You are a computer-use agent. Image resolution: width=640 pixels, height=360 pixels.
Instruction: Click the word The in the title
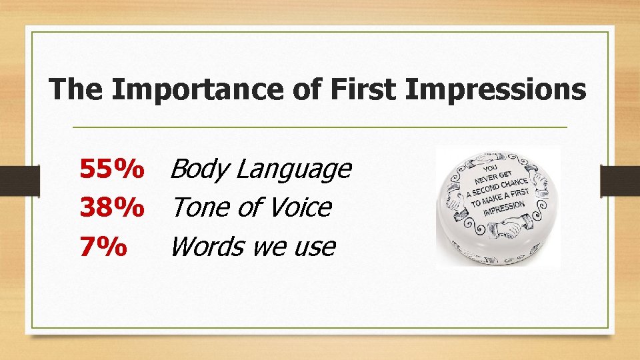[x=77, y=89]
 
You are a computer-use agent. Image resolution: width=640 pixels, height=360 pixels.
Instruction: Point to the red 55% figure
[x=111, y=169]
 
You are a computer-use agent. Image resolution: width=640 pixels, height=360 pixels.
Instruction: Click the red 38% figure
[x=111, y=208]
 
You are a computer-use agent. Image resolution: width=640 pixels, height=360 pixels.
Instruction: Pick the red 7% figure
[x=103, y=247]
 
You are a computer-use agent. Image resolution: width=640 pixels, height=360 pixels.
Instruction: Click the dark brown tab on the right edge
[x=619, y=180]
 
